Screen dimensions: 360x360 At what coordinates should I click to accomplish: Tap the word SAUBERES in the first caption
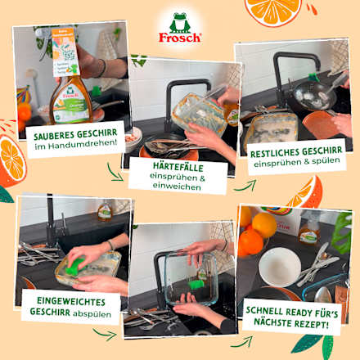55,133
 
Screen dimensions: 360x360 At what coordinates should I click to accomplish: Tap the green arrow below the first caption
115,173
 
